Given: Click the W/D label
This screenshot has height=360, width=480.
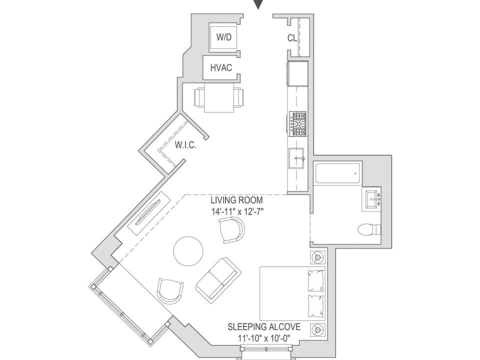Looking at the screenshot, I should pos(224,38).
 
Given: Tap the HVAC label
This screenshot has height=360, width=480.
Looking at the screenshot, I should pos(220,67).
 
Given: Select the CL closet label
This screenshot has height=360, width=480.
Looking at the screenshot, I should pos(292,38).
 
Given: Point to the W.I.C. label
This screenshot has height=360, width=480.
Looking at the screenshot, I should pos(185,145).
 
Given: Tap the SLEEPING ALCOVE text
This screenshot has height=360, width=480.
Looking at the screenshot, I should pos(264,327).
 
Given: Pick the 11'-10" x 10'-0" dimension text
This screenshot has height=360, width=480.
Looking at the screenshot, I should pos(264,338).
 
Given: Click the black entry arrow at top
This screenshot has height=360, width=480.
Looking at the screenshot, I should pos(258,4).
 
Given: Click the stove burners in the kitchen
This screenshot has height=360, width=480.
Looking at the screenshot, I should pos(299,123).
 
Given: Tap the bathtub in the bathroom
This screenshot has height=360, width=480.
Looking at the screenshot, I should pos(337,174).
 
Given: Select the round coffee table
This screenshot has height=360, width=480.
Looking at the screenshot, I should pos(188,250).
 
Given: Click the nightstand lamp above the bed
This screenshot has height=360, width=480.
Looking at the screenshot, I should pos(317,257).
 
